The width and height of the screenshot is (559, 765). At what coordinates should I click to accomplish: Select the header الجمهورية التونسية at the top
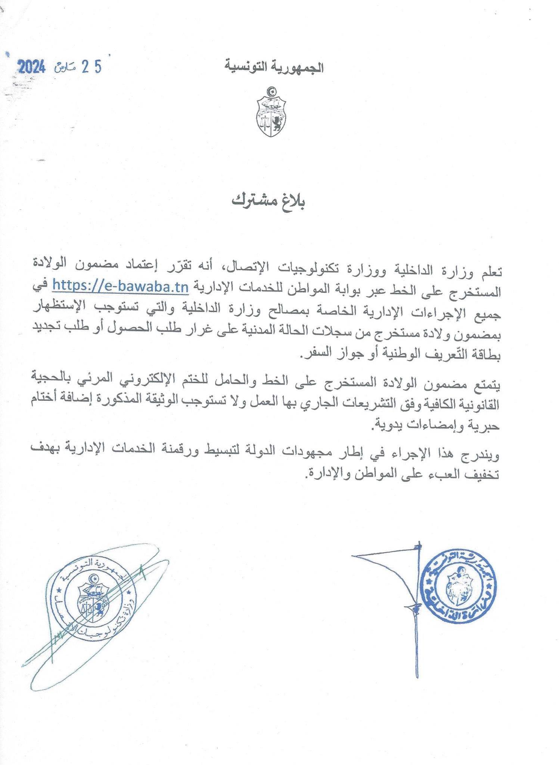point(274,68)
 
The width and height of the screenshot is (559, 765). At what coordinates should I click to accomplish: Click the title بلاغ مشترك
point(268,202)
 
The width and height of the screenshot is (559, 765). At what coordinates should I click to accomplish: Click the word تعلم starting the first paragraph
point(488,271)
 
